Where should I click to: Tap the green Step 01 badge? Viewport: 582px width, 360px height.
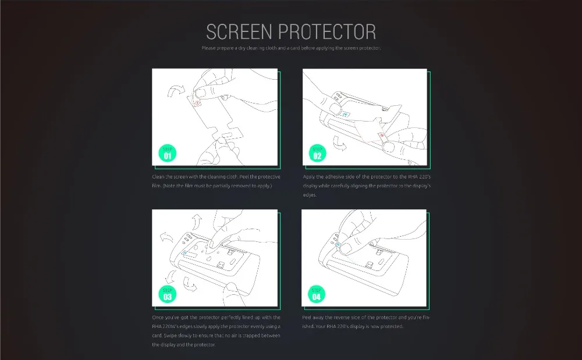click(x=168, y=153)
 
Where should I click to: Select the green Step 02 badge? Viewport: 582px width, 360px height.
click(x=317, y=153)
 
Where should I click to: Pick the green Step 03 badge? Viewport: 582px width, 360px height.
click(x=168, y=294)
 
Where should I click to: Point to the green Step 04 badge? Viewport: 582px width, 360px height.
click(x=316, y=294)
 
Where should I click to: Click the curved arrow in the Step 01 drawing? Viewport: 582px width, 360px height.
click(x=176, y=91)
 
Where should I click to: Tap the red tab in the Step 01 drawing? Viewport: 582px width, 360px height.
click(x=197, y=103)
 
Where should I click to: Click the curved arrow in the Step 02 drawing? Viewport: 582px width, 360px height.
click(x=339, y=143)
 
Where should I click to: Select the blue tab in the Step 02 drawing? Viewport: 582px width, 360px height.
click(x=345, y=114)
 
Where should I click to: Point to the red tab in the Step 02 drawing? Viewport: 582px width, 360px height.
click(x=382, y=136)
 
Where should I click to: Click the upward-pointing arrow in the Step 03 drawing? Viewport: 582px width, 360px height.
click(x=197, y=222)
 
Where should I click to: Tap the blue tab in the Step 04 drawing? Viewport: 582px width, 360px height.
click(x=338, y=245)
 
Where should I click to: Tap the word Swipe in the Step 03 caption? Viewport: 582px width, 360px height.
click(x=170, y=336)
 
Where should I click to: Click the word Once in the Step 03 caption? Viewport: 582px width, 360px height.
click(x=158, y=318)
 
